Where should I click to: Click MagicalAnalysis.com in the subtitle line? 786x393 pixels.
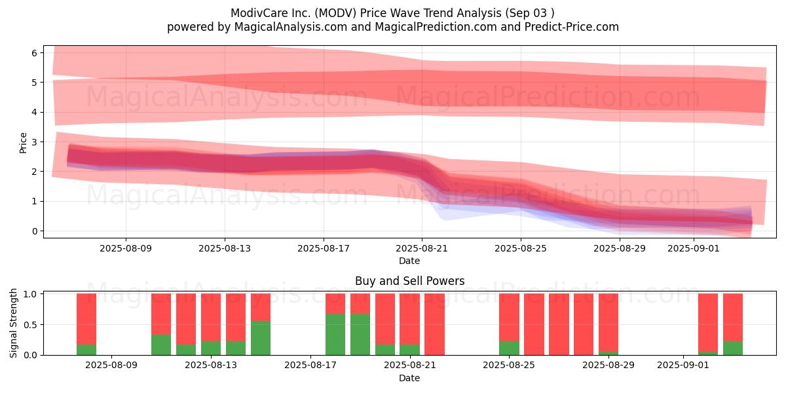click(x=291, y=27)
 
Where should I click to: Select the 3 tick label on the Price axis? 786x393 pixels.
click(x=34, y=142)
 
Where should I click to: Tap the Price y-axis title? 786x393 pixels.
click(x=23, y=143)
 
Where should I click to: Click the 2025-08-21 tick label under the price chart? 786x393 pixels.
click(x=422, y=248)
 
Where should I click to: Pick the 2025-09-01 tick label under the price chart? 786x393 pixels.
click(x=694, y=248)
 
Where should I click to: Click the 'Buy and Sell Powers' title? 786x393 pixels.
click(x=409, y=281)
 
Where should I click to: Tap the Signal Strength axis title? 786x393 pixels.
click(x=13, y=323)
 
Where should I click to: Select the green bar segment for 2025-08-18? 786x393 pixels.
click(x=335, y=335)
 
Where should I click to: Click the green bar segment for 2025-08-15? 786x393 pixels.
click(x=261, y=338)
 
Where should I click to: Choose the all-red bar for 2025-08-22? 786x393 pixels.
click(x=434, y=324)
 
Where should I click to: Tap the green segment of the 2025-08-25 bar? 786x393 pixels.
click(x=509, y=348)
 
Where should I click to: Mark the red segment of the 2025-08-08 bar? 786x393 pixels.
click(x=86, y=319)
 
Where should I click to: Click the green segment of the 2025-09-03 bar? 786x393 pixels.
click(x=733, y=348)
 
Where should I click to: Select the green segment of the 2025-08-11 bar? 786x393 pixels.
click(x=161, y=345)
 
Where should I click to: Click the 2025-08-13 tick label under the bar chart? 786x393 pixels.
click(x=211, y=365)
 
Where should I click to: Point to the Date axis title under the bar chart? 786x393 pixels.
click(x=409, y=378)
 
